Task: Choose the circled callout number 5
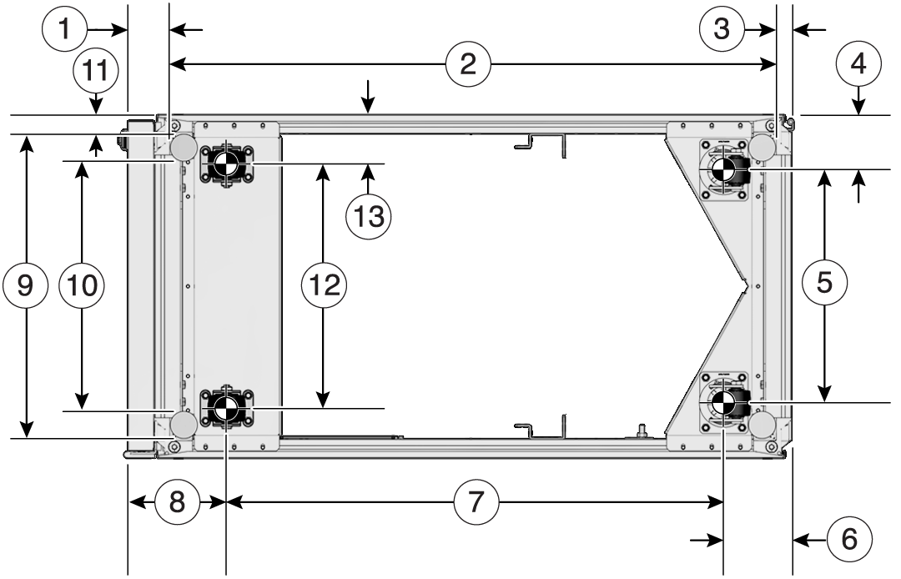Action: [x=824, y=283]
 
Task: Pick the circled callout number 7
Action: [x=476, y=502]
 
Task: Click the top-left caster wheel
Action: [x=224, y=165]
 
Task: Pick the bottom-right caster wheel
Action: [x=724, y=404]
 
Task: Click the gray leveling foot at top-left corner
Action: [x=184, y=148]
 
